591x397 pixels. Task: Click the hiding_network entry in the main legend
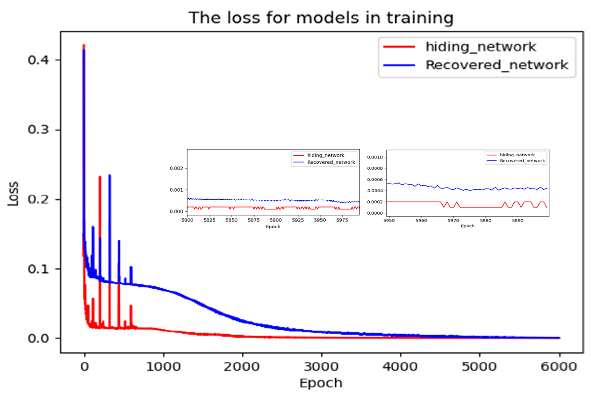pos(480,47)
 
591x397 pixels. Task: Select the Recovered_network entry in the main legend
pos(497,65)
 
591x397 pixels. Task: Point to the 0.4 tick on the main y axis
pos(38,60)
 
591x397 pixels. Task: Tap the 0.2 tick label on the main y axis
pos(38,199)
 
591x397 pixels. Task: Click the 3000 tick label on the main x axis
pos(322,366)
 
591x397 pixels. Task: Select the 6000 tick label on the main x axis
pos(559,366)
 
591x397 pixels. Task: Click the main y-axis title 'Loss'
pos(13,194)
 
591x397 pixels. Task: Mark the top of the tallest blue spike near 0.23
pos(110,176)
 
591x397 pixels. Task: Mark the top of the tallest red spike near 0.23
pos(100,176)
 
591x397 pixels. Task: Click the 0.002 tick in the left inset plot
pos(176,168)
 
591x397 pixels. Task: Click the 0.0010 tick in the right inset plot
pos(375,157)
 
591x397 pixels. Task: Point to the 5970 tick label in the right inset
pos(453,221)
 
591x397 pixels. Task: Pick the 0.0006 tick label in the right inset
pos(375,180)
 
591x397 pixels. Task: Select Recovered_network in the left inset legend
pos(331,162)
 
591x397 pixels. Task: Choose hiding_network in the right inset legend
pos(517,155)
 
